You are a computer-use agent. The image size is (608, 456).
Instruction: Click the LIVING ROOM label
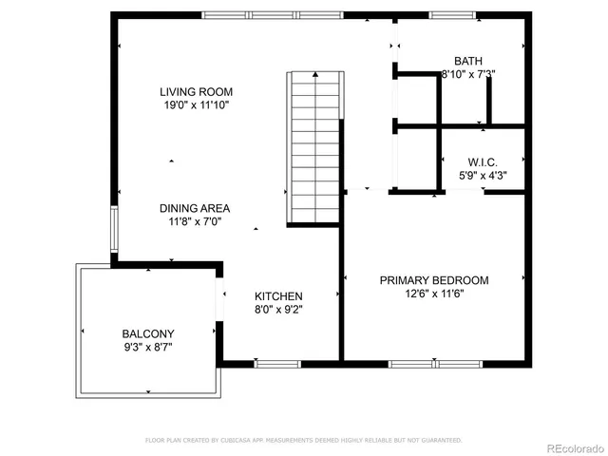(x=196, y=92)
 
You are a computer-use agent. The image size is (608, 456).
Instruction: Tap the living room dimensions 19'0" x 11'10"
(x=196, y=105)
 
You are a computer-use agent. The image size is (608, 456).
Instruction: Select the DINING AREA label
(x=194, y=208)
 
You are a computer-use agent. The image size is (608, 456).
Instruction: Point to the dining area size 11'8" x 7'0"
(x=194, y=221)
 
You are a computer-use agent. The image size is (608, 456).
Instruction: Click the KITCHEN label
(x=278, y=296)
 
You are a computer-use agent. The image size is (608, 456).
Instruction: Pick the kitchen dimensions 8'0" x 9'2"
(x=278, y=309)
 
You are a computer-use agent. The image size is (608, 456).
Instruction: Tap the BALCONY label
(x=147, y=333)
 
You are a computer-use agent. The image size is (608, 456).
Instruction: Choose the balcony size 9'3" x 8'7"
(x=147, y=347)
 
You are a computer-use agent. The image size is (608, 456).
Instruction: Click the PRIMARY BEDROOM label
(x=434, y=280)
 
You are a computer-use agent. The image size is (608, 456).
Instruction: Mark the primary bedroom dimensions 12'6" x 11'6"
(x=434, y=294)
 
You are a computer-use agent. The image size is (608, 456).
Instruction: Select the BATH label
(x=468, y=60)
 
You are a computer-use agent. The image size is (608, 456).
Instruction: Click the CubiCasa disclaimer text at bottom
(x=303, y=440)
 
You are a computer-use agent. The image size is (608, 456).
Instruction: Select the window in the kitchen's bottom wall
(x=278, y=363)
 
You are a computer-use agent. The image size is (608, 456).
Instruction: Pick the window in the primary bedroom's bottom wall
(x=415, y=363)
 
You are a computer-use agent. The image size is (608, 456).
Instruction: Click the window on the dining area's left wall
(x=113, y=231)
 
